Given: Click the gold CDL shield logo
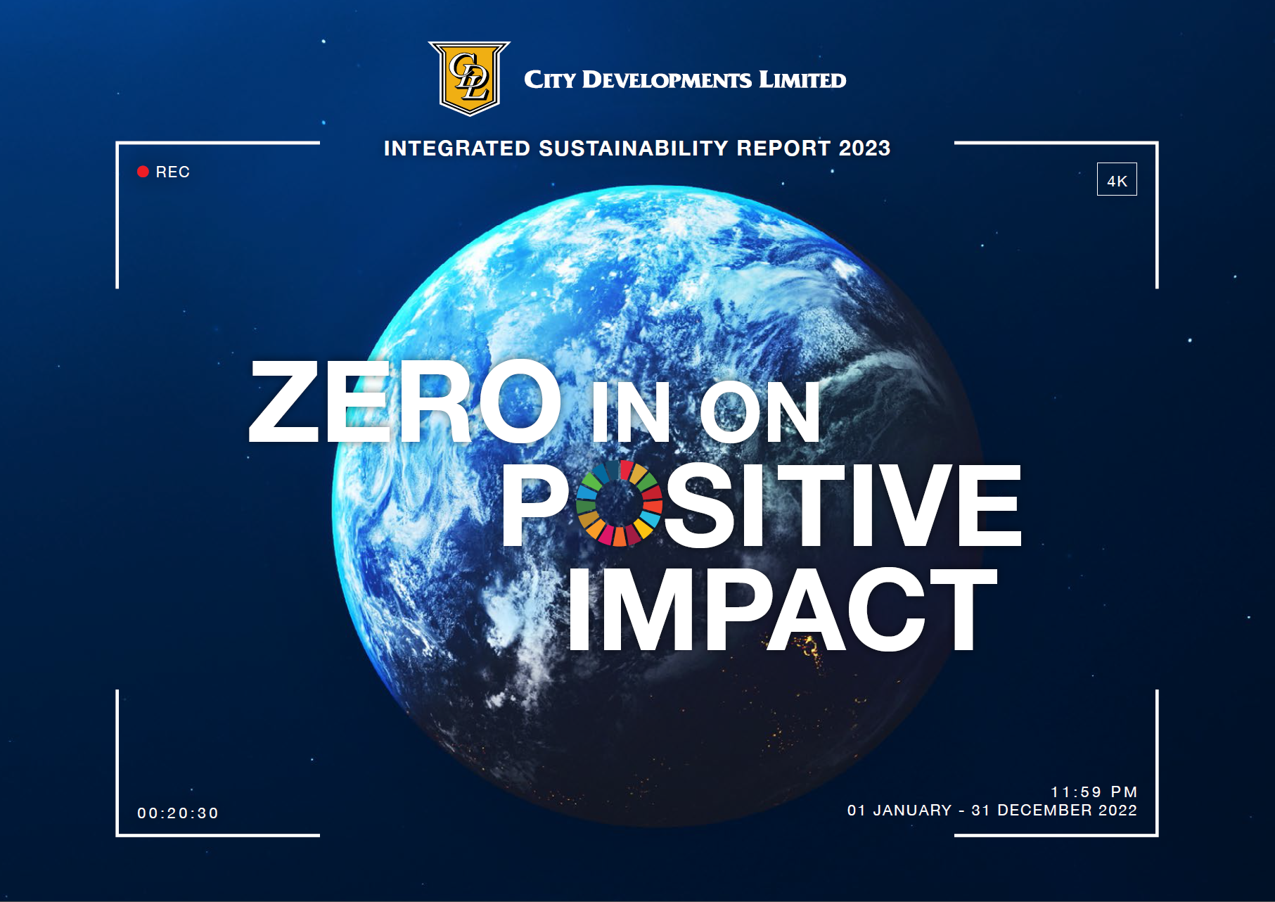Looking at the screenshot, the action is [x=469, y=78].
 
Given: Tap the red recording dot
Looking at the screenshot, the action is [x=143, y=172].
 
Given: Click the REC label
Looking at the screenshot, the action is [x=173, y=172].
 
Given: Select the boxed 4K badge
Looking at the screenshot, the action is [x=1117, y=179].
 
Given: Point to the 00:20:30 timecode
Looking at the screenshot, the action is [x=178, y=813].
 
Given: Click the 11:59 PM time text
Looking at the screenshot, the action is [x=1094, y=792].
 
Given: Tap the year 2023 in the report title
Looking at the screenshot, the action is [x=864, y=148].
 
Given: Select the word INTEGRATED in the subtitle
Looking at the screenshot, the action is [x=457, y=148].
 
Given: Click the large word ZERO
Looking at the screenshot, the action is [x=406, y=401].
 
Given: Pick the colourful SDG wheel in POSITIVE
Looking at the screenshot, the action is [x=619, y=503].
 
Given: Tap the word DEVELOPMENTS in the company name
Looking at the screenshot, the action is [x=667, y=80].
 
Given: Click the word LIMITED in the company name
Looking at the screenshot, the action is [x=802, y=80].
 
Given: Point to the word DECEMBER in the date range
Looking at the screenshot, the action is [x=1045, y=811].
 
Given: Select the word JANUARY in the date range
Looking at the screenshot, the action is [x=912, y=811].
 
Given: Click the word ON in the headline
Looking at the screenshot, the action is [x=760, y=412].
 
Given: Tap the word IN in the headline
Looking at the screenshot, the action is [x=631, y=412].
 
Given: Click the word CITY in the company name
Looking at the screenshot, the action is [x=550, y=80].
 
